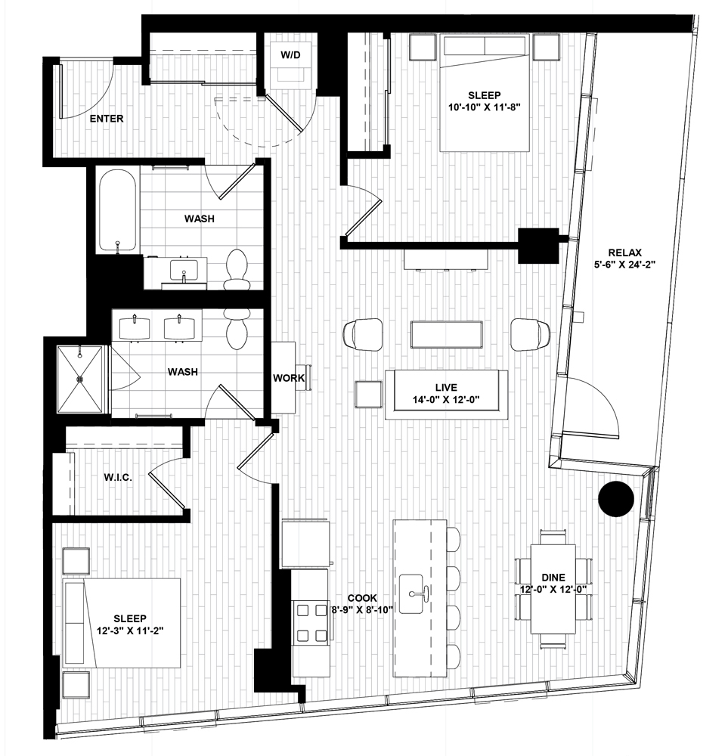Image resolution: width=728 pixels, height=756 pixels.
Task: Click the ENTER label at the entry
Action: pos(107,119)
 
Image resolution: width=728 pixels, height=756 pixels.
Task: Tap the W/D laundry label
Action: pos(290,55)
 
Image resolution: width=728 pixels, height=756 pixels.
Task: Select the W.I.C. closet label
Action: pos(118,478)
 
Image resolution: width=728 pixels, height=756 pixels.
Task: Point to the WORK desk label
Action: pos(289,378)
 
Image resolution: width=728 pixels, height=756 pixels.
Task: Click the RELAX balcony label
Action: pos(625,253)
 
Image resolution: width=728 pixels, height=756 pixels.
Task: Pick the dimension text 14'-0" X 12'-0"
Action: pos(446,399)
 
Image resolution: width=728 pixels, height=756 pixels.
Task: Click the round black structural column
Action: pos(615,499)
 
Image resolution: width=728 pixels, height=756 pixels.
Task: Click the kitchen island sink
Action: pos(411,593)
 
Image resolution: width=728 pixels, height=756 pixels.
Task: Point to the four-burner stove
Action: pos(311,623)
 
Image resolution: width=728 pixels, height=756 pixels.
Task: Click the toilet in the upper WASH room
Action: pos(236,270)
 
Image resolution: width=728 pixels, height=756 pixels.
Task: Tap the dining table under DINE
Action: pos(553,589)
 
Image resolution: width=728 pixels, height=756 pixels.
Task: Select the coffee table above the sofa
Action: pos(447,334)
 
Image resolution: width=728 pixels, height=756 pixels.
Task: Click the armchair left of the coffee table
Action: pos(363,334)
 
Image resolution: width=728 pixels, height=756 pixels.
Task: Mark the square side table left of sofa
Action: pos(369,393)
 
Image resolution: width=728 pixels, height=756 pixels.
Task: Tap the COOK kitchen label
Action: pos(361,598)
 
